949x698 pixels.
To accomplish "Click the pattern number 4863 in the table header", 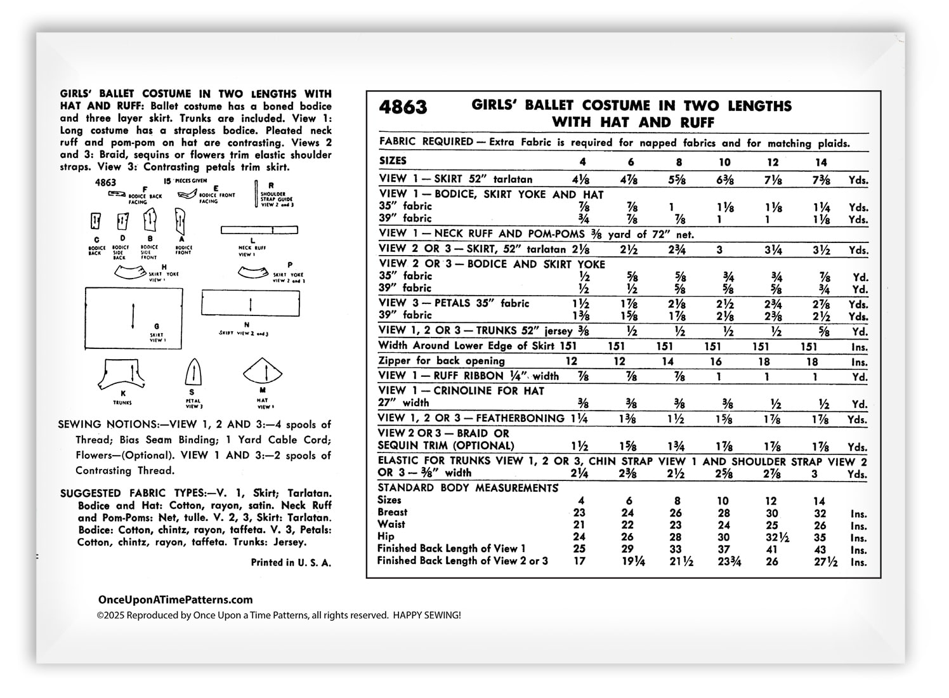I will (x=403, y=107).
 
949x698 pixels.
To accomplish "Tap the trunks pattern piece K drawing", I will (x=122, y=375).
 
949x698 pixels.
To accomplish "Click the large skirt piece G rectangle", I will (x=134, y=318).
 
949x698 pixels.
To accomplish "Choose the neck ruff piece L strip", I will (x=259, y=230).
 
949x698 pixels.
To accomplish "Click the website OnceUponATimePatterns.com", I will (x=175, y=600).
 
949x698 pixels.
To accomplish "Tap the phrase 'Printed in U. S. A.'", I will (x=291, y=562).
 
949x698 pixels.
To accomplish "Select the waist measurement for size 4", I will (x=579, y=525).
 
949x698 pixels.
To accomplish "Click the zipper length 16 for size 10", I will (x=716, y=361).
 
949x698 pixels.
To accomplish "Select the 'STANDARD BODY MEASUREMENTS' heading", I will (x=468, y=488).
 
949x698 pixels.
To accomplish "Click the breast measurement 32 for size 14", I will (x=820, y=513).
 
